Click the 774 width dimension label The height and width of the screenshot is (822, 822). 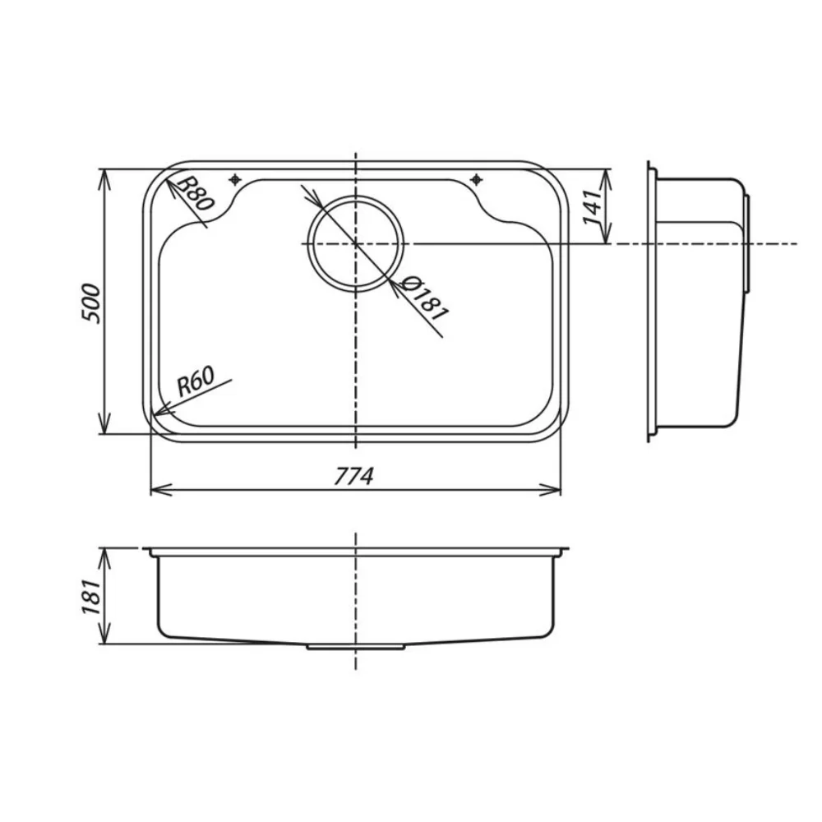[354, 476]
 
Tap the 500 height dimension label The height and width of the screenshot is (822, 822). [90, 303]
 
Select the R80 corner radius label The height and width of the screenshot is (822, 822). [195, 193]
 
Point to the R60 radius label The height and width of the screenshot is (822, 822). [195, 381]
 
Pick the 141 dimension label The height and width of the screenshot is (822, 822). [593, 207]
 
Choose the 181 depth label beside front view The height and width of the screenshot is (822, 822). [90, 597]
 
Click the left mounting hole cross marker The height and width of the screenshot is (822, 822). [235, 180]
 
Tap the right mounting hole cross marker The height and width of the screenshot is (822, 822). [476, 180]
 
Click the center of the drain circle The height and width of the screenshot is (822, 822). [356, 244]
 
